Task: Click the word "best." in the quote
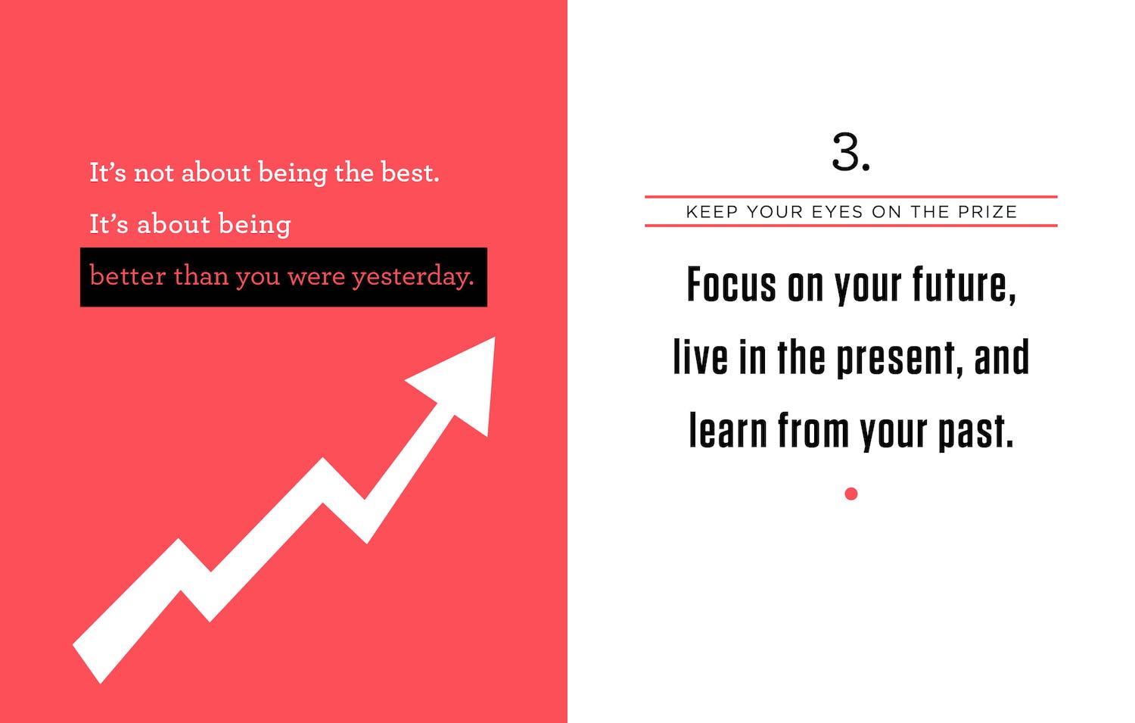coord(410,173)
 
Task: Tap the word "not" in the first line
coord(154,173)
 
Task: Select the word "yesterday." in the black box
coord(413,277)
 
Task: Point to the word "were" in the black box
coord(316,277)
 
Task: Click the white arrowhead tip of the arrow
coord(495,338)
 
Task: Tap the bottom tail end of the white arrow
coord(86,664)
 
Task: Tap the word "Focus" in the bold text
coord(731,285)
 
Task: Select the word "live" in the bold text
coord(700,357)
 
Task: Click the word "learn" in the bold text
coord(728,430)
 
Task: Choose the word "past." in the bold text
coord(975,432)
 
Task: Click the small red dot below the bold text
coord(851,494)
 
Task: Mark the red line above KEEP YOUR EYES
coord(850,197)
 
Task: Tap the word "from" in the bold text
coord(813,430)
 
